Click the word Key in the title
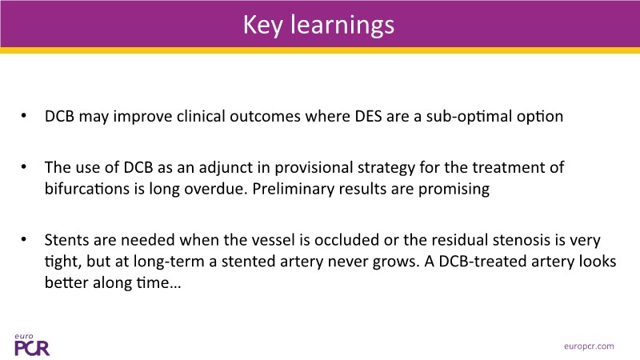[263, 26]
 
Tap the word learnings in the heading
[342, 26]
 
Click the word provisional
[314, 168]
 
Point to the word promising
[454, 190]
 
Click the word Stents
[66, 240]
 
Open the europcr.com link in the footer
[589, 346]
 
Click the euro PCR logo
[32, 345]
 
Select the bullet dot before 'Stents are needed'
[24, 239]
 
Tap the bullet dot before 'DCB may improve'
[24, 116]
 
